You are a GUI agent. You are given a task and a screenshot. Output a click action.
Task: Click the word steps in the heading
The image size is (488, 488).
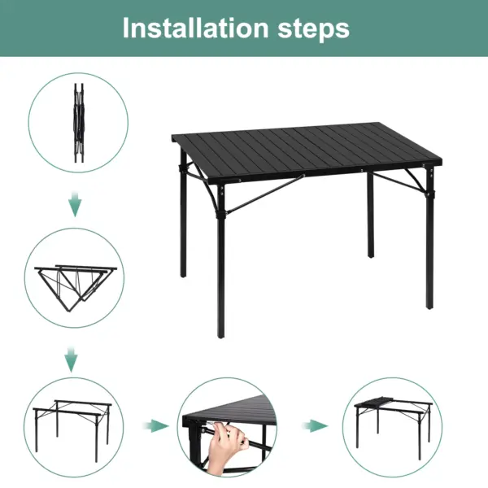pos(312,29)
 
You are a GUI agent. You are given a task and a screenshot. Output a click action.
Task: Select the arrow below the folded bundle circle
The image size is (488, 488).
pos(75,205)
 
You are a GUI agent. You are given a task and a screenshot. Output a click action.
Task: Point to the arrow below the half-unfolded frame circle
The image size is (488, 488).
pos(72,359)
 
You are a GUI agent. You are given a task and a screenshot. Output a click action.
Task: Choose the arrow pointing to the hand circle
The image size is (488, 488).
pos(156,425)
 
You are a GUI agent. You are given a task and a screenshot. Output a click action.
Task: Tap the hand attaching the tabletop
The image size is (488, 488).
pos(229,447)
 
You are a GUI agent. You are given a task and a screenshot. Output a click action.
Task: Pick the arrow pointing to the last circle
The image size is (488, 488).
pos(316,425)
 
